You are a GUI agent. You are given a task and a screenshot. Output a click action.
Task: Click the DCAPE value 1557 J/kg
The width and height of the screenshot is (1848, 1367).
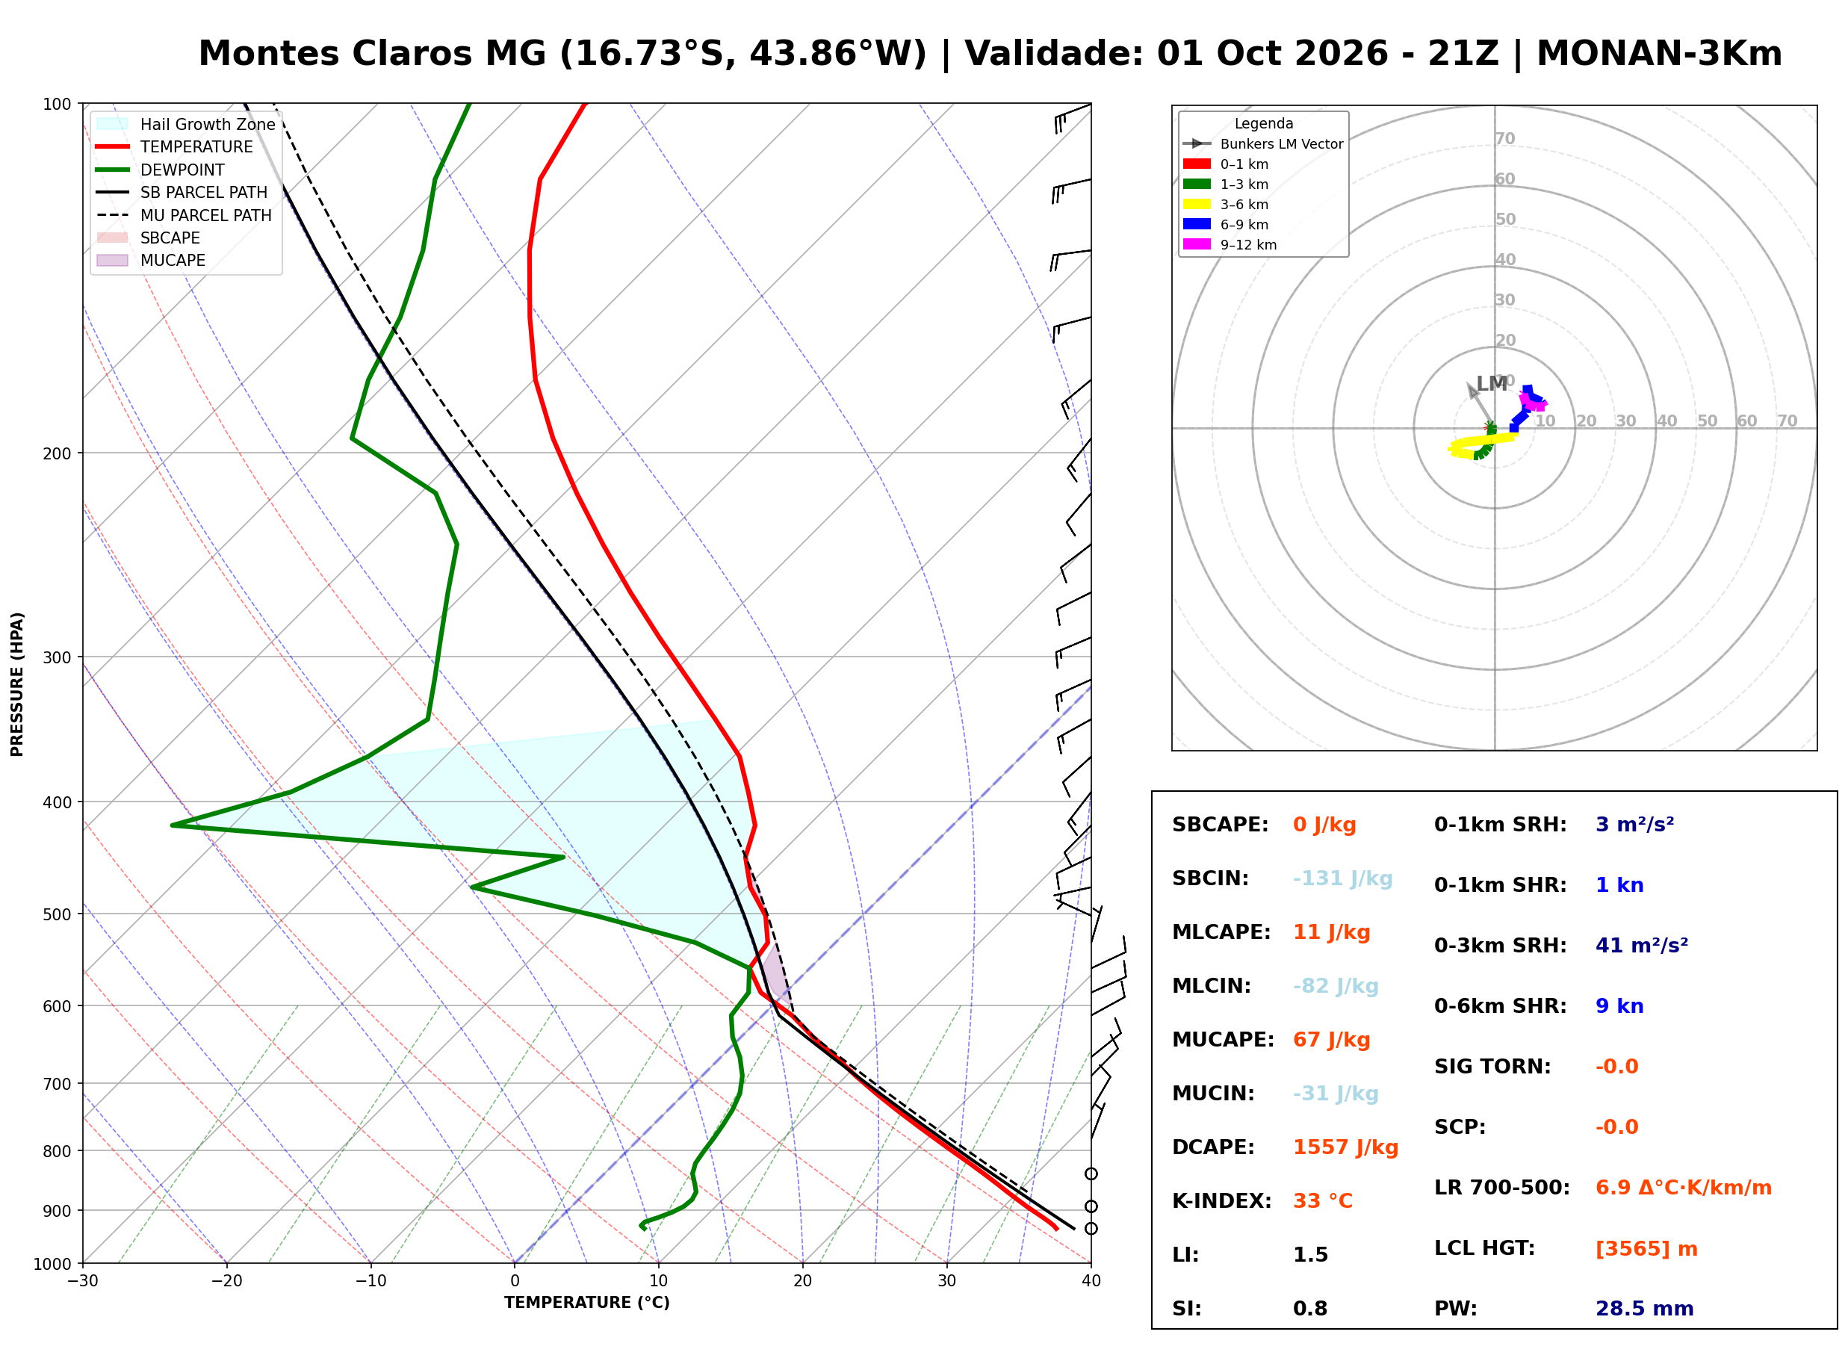coord(1345,1147)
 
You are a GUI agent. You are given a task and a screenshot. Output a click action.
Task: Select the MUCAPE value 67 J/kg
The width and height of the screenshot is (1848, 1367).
coord(1331,1039)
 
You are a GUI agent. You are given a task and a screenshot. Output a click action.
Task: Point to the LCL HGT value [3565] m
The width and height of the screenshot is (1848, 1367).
coord(1646,1249)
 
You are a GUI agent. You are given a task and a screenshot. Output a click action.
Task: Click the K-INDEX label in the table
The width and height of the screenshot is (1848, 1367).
coord(1221,1200)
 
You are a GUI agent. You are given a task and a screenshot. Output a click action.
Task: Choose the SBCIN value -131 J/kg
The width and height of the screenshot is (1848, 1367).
coord(1342,878)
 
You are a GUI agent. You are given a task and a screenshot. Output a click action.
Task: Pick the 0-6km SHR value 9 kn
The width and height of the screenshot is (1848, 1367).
coord(1619,1006)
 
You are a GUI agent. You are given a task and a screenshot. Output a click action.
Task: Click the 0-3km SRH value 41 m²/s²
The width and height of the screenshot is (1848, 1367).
coord(1641,945)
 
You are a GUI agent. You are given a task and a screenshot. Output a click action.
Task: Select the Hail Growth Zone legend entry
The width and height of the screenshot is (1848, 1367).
coord(185,124)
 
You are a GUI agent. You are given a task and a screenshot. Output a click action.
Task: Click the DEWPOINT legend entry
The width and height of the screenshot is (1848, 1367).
coord(161,170)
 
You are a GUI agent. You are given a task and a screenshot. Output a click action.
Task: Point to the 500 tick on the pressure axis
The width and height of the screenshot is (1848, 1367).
coord(57,914)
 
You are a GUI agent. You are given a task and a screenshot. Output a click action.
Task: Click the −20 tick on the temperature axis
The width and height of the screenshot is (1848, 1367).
coord(226,1281)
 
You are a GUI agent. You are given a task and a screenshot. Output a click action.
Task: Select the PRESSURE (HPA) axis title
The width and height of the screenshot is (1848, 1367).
coord(17,683)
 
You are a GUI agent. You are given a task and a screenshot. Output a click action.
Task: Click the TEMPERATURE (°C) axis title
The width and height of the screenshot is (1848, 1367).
coord(586,1303)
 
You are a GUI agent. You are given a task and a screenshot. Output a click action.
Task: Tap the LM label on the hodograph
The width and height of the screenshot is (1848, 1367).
coord(1492,383)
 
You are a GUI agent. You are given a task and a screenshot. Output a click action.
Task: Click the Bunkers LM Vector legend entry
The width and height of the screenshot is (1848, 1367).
coord(1262,144)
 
